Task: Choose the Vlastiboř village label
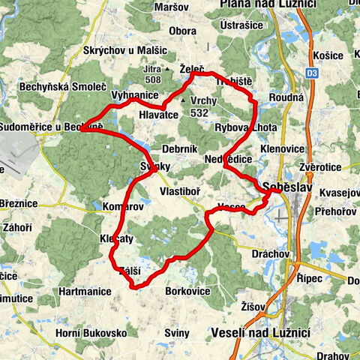pos(181,191)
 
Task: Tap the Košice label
pos(335,56)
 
